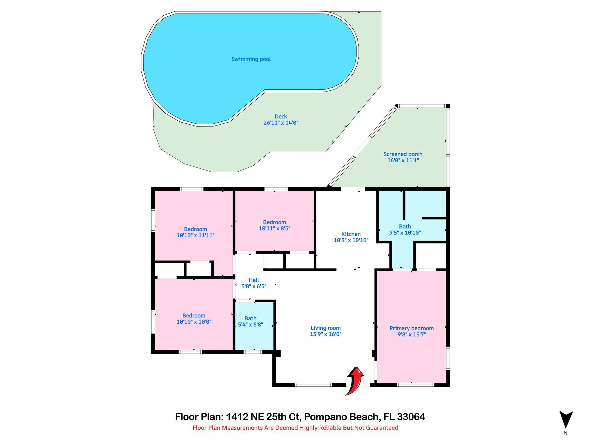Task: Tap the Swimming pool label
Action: [x=251, y=59]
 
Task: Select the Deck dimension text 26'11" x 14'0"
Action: [x=280, y=123]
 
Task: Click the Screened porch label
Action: [x=403, y=154]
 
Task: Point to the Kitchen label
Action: [x=351, y=234]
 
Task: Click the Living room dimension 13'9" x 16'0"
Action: [x=326, y=334]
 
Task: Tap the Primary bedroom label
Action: [x=412, y=328]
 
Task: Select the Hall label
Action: [x=254, y=280]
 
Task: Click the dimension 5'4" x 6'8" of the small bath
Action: [x=250, y=325]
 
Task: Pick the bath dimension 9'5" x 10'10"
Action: [x=405, y=233]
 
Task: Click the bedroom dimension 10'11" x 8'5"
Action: [x=274, y=228]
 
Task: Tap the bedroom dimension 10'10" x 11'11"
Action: [x=195, y=235]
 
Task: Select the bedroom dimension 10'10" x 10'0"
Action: [x=194, y=322]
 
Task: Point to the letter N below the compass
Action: [x=566, y=433]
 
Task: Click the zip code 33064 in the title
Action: [x=411, y=417]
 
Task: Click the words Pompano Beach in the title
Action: [x=341, y=417]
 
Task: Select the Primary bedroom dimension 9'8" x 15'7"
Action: [x=412, y=335]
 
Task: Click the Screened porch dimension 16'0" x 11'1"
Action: [x=403, y=160]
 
